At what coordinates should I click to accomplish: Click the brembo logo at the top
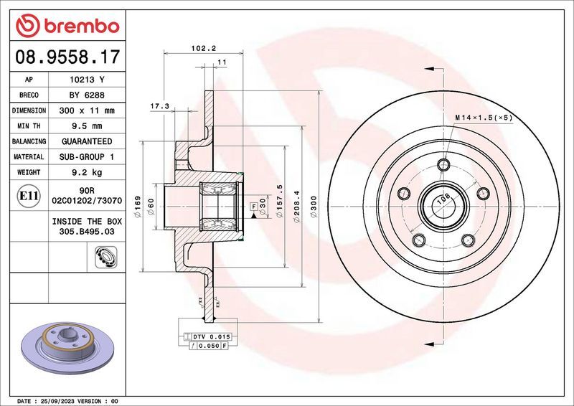click(66, 27)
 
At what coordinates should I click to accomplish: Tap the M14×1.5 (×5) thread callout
click(483, 117)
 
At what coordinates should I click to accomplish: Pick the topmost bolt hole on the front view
click(443, 166)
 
